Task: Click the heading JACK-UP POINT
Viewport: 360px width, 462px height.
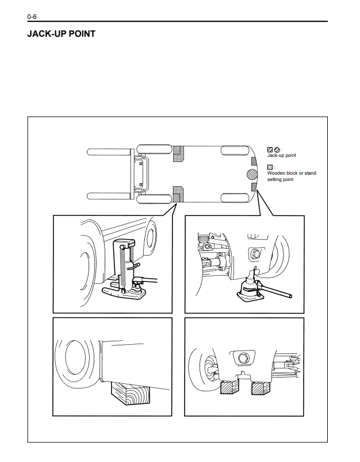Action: [61, 34]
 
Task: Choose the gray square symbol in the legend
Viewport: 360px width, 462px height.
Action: [270, 166]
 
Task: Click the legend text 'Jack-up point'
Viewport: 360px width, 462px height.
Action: [282, 156]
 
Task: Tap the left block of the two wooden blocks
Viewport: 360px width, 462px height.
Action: [229, 388]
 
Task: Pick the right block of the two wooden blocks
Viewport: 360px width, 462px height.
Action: [260, 388]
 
